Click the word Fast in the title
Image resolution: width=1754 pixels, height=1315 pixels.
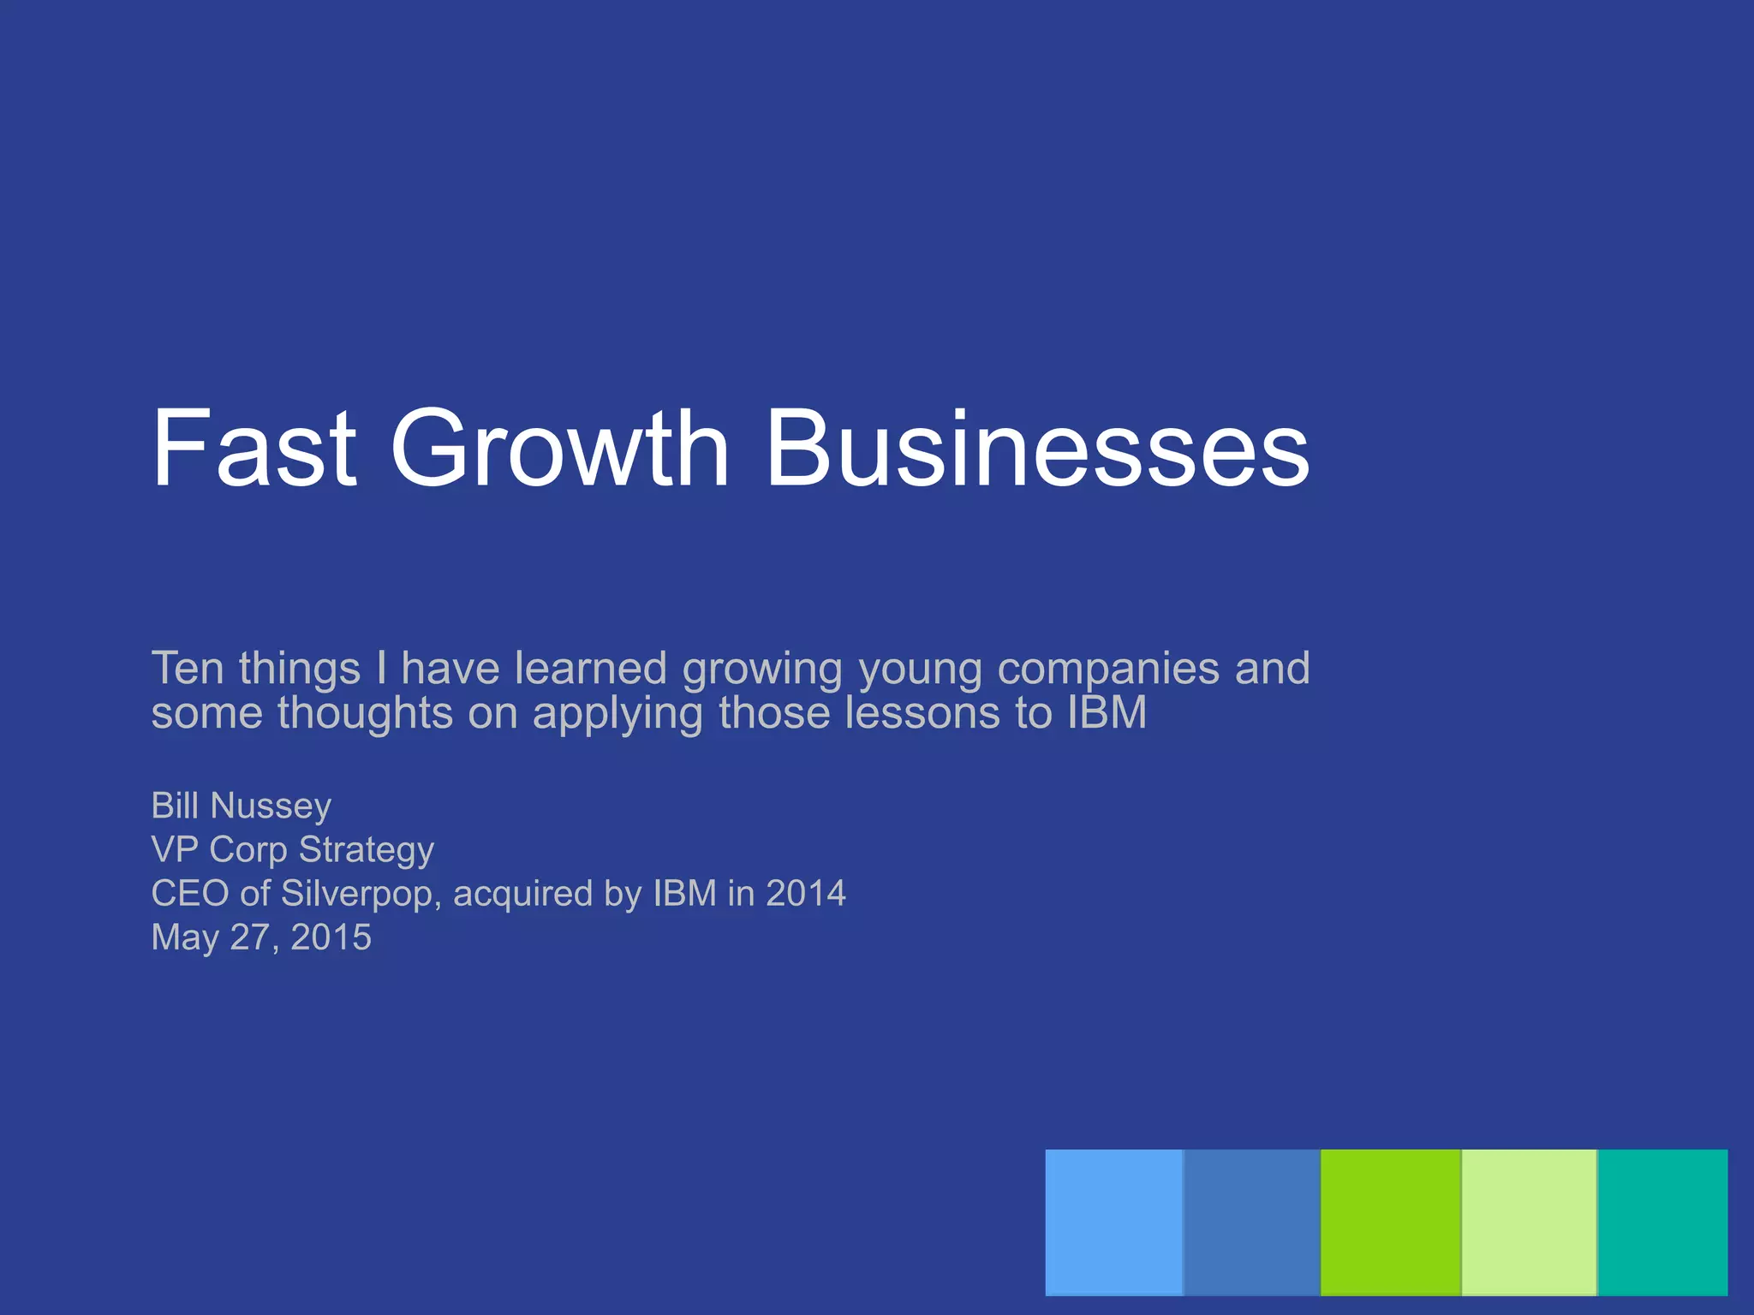pyautogui.click(x=254, y=449)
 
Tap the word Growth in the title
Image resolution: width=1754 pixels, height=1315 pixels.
pyautogui.click(x=559, y=449)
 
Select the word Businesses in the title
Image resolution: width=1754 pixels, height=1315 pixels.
pyautogui.click(x=1037, y=449)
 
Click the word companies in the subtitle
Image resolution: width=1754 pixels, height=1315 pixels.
pyautogui.click(x=1108, y=668)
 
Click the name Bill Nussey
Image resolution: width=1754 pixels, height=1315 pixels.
pyautogui.click(x=241, y=806)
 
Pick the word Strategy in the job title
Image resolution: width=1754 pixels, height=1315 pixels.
pyautogui.click(x=366, y=849)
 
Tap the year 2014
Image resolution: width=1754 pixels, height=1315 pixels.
pyautogui.click(x=805, y=894)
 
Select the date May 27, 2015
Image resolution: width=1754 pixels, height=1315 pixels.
pyautogui.click(x=261, y=937)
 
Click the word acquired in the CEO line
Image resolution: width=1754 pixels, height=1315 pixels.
pyautogui.click(x=522, y=894)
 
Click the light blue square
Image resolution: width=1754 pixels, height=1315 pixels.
pyautogui.click(x=1113, y=1222)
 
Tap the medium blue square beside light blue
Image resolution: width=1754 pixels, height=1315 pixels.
pyautogui.click(x=1251, y=1222)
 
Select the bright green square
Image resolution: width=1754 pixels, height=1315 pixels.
pyautogui.click(x=1390, y=1222)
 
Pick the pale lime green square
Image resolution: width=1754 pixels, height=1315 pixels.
pyautogui.click(x=1529, y=1222)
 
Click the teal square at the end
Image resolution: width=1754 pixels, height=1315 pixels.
pyautogui.click(x=1662, y=1222)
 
